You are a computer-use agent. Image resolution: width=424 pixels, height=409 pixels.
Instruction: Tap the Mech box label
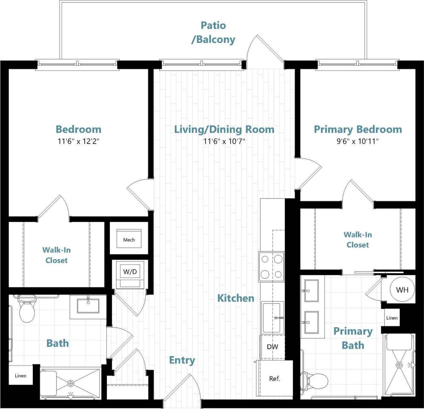(x=129, y=240)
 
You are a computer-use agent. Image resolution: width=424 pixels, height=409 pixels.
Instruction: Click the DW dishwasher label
(x=272, y=347)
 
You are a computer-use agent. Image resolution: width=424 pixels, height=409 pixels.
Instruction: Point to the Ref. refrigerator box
(x=275, y=378)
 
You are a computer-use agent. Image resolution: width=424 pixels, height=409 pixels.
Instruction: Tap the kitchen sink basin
(x=272, y=317)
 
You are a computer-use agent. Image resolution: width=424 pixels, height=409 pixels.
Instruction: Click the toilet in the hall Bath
(x=27, y=311)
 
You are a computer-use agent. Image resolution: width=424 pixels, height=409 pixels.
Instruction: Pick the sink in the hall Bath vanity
(x=88, y=305)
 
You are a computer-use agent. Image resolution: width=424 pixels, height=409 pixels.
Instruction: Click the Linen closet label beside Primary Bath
(x=392, y=318)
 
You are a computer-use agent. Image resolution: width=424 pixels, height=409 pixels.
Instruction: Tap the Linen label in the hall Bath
(x=20, y=376)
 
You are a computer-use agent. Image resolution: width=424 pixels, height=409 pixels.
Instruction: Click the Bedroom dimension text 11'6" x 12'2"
(x=78, y=141)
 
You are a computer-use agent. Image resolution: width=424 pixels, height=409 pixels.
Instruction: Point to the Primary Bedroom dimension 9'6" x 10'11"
(x=358, y=141)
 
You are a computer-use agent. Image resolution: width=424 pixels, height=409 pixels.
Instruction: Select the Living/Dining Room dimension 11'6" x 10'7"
(x=224, y=141)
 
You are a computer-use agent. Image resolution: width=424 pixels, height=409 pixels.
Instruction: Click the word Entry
(x=182, y=360)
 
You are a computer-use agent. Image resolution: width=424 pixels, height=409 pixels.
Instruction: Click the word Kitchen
(x=236, y=298)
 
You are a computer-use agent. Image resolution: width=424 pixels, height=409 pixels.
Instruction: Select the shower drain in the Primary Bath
(x=399, y=365)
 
